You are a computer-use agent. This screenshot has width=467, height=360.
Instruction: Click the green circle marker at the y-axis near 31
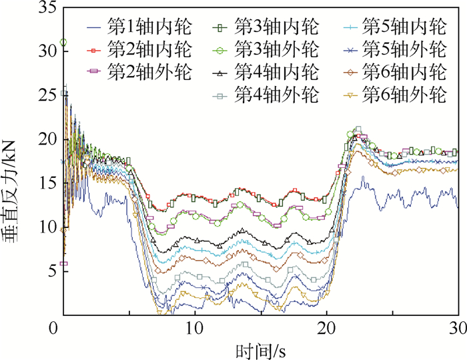click(x=63, y=43)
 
